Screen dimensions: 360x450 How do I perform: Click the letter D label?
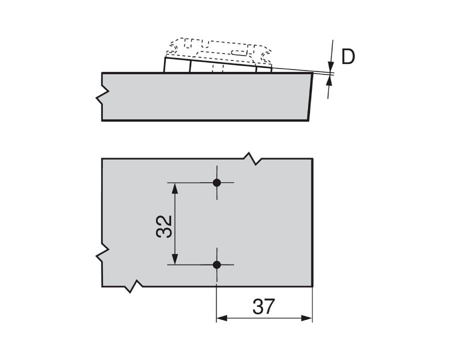point(348,57)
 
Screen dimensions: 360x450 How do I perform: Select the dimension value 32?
point(164,226)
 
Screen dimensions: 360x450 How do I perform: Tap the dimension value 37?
point(263,307)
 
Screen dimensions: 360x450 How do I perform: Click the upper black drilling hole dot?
point(216,182)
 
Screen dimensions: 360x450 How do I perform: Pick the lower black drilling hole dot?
point(216,264)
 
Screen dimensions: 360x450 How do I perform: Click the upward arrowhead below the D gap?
point(329,82)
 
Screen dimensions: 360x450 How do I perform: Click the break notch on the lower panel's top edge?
point(253,159)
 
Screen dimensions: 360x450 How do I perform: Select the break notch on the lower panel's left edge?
point(101,254)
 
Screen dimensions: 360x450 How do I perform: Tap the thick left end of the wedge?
point(165,65)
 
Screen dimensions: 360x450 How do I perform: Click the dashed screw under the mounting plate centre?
point(216,67)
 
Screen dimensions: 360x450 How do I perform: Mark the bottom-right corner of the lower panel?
point(312,286)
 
